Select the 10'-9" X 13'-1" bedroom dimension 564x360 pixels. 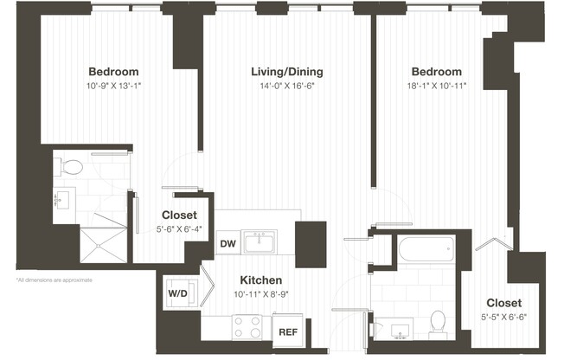(113, 86)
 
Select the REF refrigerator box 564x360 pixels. (286, 330)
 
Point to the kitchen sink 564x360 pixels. (260, 242)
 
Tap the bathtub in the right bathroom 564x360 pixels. (426, 251)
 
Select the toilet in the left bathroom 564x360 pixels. (74, 165)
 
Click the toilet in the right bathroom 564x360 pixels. (439, 322)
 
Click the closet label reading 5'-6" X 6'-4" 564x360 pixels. (180, 229)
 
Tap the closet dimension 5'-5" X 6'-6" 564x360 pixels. (503, 317)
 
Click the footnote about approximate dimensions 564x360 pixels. (54, 280)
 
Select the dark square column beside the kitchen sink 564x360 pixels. (311, 238)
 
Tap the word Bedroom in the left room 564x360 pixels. (113, 72)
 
